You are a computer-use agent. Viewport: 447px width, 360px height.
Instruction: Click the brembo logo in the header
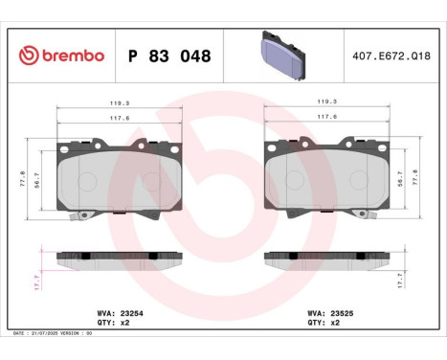tap(60, 56)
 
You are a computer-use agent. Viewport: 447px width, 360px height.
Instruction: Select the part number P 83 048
tap(168, 56)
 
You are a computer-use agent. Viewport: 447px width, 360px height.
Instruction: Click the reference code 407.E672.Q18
tap(391, 56)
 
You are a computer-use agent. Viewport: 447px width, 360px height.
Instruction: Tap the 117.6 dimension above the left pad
tap(120, 118)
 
